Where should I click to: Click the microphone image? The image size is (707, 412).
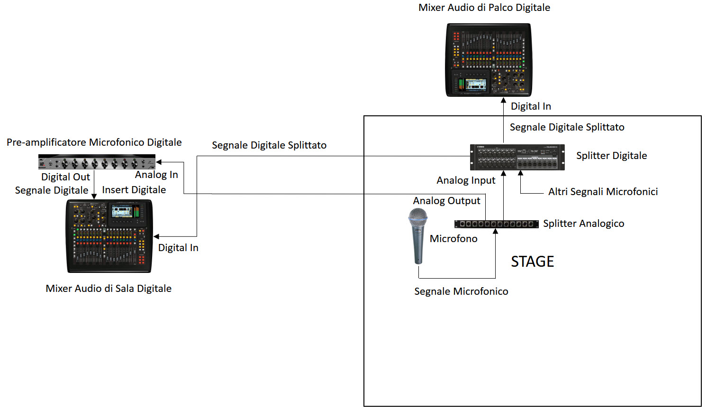pos(418,236)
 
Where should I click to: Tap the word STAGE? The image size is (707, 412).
pos(532,262)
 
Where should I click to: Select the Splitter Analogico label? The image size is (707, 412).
pos(583,224)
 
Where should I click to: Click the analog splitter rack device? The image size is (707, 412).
pos(496,224)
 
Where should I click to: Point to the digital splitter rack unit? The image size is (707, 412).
pos(517,157)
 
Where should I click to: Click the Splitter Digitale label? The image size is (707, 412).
pos(611,156)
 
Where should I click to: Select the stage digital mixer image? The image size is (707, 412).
pos(489,60)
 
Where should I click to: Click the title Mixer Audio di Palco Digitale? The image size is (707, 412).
pos(484,8)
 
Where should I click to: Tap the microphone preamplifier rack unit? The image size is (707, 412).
pos(97,162)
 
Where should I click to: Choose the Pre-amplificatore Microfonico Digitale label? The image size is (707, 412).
pos(94,142)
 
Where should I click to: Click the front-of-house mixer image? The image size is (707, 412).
pos(109,236)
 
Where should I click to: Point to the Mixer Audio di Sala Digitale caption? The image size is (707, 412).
pos(109,289)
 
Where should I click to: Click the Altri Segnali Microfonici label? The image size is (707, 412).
pos(603,192)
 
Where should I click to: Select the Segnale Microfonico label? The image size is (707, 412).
pos(461,291)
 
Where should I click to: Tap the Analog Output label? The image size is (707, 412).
pos(446,201)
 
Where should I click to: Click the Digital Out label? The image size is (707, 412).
pos(65,177)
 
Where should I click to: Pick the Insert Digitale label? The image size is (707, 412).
pos(134,190)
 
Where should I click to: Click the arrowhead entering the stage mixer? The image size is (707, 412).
pos(503,100)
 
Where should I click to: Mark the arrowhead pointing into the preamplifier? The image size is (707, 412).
pos(159,162)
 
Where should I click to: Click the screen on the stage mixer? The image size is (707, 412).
pos(476,84)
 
